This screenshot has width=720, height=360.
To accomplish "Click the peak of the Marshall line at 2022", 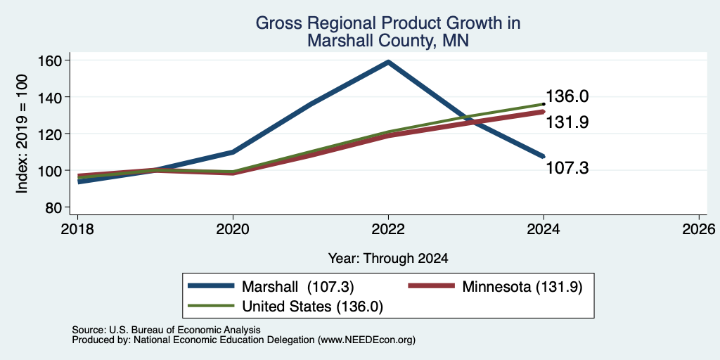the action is coord(388,62).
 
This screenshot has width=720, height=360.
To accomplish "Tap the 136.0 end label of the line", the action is coord(566,96).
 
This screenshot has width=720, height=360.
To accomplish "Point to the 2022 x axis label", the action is coord(388,229).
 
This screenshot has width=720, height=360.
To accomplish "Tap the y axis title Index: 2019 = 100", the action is coord(22,134).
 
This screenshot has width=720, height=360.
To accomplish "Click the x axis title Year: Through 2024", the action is coord(388,259).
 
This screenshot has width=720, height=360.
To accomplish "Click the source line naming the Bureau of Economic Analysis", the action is coord(166,330).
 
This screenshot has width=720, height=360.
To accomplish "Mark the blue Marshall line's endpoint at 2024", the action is coord(544,157).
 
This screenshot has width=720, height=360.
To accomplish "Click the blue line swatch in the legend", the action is coord(211,286).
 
